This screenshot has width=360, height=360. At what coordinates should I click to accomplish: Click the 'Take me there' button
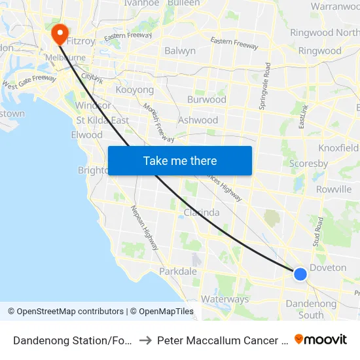(180, 160)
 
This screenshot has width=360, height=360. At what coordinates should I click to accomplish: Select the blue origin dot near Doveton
(300, 274)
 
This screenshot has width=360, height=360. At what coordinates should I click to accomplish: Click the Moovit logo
(321, 339)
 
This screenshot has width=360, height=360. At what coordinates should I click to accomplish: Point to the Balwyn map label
(180, 50)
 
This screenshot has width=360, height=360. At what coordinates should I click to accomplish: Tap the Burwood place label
(207, 99)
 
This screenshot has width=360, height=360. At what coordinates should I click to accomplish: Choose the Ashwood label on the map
(198, 120)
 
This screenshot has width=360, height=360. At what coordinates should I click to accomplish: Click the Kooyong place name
(134, 90)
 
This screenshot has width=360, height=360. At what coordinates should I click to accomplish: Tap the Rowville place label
(334, 189)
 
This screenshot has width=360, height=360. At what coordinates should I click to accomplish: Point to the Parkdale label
(178, 271)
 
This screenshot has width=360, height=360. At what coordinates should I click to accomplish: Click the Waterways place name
(225, 299)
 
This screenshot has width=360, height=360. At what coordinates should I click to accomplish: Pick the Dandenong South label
(311, 309)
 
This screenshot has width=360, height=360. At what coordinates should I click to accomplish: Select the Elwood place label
(87, 135)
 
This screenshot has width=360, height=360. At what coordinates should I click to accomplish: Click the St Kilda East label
(102, 120)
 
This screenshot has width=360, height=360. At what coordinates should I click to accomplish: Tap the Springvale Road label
(264, 86)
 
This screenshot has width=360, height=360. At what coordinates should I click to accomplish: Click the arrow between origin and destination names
(146, 340)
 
